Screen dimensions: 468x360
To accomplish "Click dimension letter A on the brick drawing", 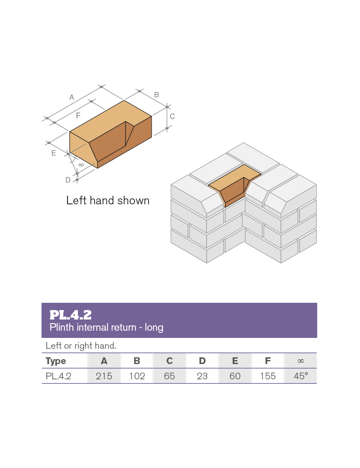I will pos(72,97).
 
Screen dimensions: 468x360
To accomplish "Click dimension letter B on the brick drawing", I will pos(157,94).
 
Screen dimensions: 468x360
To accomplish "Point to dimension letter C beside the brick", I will pos(172,116).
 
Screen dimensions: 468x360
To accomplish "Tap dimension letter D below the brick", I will pos(68,180).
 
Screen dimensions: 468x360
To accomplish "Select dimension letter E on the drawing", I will pos(54,153).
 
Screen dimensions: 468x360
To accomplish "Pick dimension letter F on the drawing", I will pos(78,116).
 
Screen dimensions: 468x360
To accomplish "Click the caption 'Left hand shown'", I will pos(108,200).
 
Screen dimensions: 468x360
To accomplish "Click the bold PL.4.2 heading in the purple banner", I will pos(71,315).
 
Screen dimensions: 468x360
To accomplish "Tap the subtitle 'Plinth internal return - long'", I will pos(106,327).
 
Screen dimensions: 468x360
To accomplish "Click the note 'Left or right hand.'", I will pos(81,346).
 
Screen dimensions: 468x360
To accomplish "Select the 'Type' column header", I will pos(56,361).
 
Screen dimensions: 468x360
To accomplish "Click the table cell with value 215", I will pos(104,376).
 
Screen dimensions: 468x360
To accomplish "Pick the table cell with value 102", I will pos(137,376).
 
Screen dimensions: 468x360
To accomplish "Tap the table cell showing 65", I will pos(169,376).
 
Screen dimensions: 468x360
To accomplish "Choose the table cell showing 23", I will pos(202,376).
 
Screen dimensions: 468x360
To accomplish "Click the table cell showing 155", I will pos(268,376).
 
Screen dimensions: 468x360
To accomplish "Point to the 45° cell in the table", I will pos(301,376).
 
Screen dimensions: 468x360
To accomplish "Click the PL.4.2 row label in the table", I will pos(58,376).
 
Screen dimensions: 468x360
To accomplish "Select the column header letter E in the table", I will pos(235,361).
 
